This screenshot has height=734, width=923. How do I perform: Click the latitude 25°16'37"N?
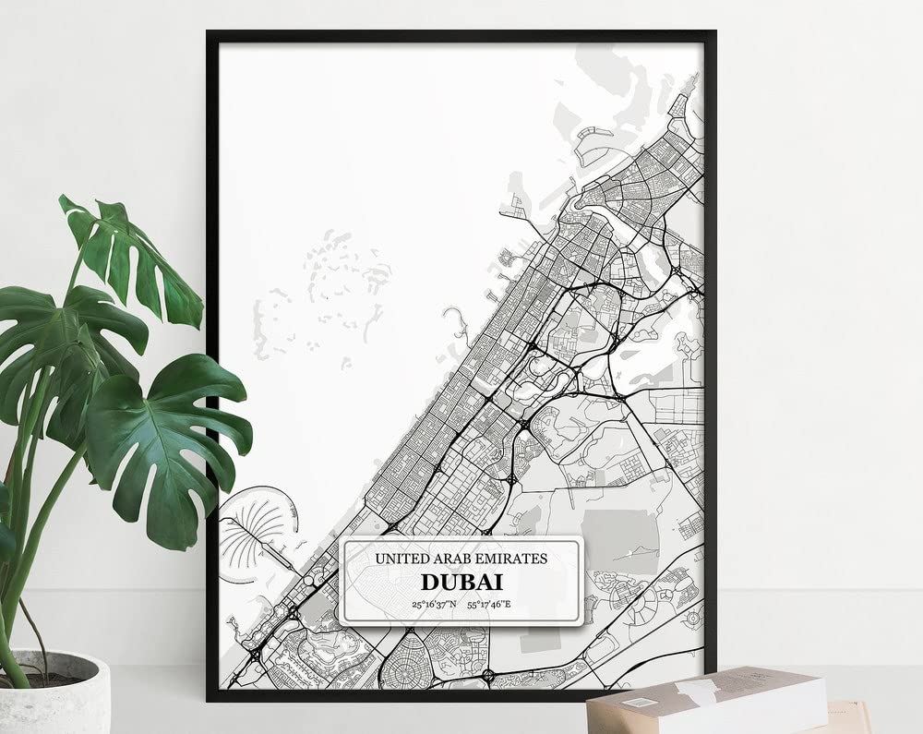(434, 605)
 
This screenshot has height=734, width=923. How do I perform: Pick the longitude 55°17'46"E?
(488, 605)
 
